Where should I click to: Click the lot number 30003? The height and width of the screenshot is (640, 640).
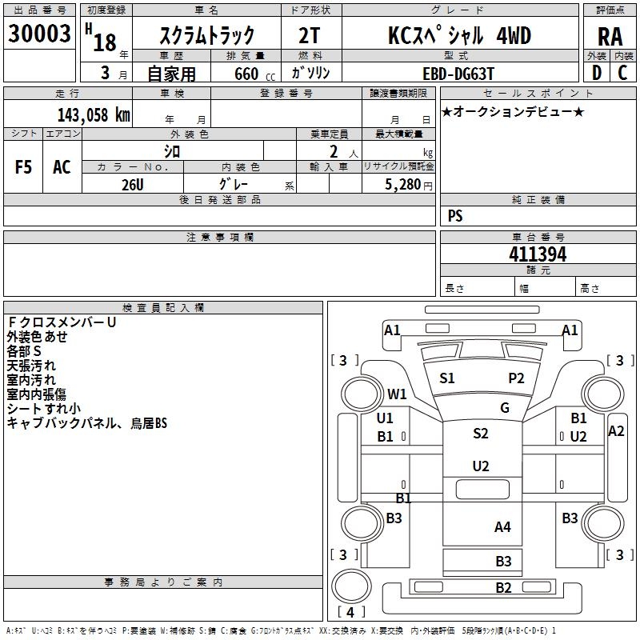39,35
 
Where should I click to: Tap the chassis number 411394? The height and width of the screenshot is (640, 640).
538,254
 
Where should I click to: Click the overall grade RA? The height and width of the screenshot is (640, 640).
610,37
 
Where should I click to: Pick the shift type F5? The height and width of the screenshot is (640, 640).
23,167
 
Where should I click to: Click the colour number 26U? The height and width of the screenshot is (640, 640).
132,183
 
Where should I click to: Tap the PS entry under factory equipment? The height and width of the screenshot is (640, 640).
455,216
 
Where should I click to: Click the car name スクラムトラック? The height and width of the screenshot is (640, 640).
206,35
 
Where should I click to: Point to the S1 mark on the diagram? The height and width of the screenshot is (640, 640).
446,378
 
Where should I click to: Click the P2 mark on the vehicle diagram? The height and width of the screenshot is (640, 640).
516,378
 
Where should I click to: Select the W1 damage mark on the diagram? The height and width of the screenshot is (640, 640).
397,394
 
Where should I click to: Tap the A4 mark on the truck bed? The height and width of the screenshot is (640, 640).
502,526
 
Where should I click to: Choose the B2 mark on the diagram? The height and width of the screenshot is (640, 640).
502,588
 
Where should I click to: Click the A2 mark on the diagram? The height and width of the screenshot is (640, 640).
616,431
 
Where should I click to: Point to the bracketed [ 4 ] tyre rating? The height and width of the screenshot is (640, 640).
350,613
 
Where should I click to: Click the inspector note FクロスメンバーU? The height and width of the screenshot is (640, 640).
62,322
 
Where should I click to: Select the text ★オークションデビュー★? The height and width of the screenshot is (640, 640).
513,111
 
